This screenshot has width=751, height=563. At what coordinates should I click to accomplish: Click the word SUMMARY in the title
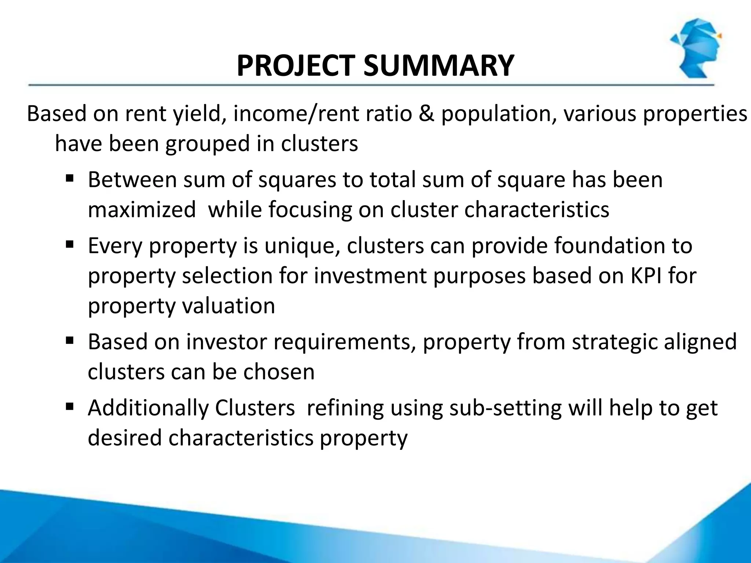click(x=439, y=66)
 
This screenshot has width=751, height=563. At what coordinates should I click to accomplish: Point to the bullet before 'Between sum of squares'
click(x=70, y=179)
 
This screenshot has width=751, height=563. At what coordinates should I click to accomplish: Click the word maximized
click(x=142, y=210)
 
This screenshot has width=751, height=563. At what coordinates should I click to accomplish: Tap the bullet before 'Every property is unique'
click(x=70, y=244)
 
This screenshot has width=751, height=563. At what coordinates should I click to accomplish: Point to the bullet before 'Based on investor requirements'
click(x=70, y=341)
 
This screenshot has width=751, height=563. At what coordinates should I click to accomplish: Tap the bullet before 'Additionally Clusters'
click(x=70, y=406)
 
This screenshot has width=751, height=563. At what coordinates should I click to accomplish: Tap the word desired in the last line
click(x=125, y=438)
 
